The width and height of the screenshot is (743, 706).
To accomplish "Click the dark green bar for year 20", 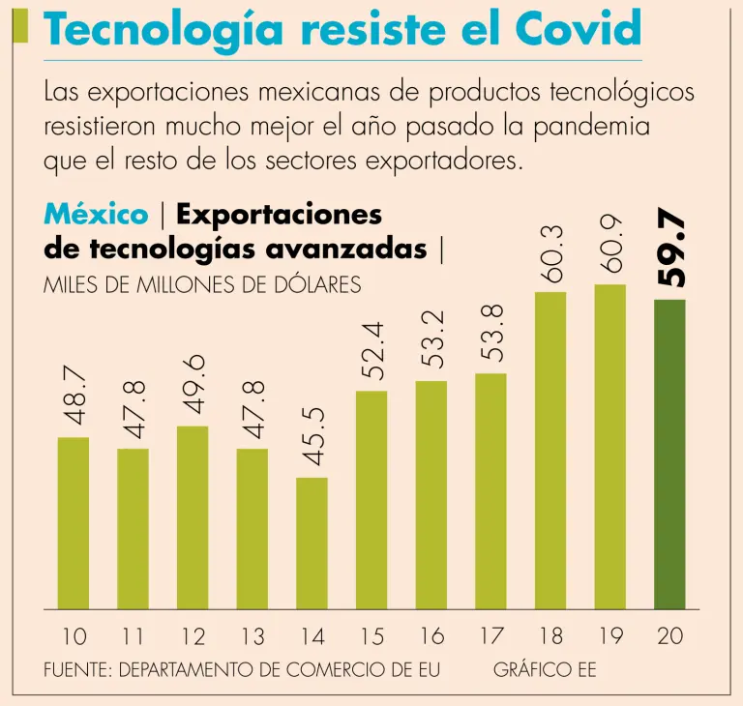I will [x=669, y=455].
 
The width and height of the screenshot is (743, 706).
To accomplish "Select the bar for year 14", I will [x=312, y=544].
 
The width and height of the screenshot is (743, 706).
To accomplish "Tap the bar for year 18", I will [x=550, y=451].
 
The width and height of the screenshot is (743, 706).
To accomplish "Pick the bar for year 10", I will [x=74, y=523].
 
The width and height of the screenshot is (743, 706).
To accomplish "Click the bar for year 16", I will [x=431, y=495].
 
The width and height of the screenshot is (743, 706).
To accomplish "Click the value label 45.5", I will [x=312, y=435].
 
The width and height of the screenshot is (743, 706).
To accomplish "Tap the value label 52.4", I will [x=372, y=349].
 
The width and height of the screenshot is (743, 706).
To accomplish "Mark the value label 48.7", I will [x=74, y=397].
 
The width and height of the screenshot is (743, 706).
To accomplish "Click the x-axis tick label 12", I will [x=193, y=636].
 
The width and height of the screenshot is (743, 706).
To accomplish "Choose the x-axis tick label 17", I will [x=491, y=636].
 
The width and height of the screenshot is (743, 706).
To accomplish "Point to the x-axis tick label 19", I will [x=610, y=636].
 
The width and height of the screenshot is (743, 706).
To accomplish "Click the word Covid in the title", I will [x=584, y=31].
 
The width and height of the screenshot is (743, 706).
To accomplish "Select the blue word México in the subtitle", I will [x=96, y=215].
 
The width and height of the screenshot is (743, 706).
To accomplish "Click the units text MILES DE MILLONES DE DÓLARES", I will [x=203, y=285].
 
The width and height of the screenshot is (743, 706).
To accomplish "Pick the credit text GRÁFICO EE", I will [x=545, y=669].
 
